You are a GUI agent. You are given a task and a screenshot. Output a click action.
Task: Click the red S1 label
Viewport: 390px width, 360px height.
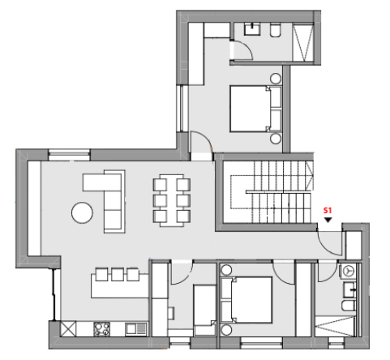(328, 211)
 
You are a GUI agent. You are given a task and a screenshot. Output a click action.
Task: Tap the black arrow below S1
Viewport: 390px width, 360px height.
(328, 220)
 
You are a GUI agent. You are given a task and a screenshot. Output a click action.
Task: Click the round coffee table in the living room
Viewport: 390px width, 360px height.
(82, 212)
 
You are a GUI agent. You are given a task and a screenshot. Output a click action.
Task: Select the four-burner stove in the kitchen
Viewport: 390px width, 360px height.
(101, 329)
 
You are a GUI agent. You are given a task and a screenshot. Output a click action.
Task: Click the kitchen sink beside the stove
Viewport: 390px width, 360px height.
(135, 329)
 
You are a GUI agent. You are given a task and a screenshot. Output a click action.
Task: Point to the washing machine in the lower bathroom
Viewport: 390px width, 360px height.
(348, 271)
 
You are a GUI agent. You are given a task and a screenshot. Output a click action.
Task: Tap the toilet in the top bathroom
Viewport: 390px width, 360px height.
(276, 30)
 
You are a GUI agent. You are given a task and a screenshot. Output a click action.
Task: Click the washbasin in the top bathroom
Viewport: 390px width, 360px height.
(252, 29)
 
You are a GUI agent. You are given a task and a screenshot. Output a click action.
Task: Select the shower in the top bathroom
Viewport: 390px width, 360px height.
(303, 42)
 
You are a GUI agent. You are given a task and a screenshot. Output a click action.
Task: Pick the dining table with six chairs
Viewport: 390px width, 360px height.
(172, 200)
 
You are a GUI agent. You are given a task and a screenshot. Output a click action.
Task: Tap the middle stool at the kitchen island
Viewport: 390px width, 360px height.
(118, 274)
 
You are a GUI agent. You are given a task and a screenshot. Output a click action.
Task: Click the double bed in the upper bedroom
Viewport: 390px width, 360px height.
(255, 109)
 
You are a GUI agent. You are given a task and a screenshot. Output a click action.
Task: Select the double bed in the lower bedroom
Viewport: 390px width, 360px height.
(246, 300)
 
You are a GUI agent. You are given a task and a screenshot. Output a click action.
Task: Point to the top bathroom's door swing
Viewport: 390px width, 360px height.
(242, 49)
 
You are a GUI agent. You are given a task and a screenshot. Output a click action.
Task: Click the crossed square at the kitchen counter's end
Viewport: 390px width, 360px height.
(68, 328)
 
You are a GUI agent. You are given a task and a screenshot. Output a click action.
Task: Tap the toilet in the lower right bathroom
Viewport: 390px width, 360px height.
(348, 305)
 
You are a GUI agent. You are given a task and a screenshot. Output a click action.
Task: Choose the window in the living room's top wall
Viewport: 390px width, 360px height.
(69, 155)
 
